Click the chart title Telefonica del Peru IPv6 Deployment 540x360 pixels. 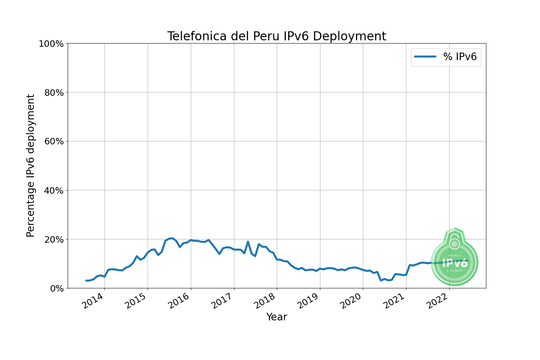(x=276, y=36)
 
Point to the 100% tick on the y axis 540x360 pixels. (x=51, y=44)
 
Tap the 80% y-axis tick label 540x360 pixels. (x=53, y=93)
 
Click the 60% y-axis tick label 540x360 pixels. (x=53, y=141)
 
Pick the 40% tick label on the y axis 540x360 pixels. (x=53, y=190)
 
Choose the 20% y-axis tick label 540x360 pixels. (x=53, y=239)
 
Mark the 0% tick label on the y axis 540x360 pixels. (x=57, y=288)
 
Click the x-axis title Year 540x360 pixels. (x=276, y=317)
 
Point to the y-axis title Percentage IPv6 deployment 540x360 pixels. (x=31, y=166)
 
